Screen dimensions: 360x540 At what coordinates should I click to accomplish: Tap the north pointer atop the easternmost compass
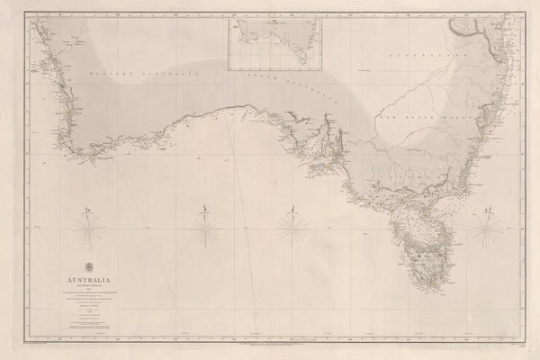pos(487,212)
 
